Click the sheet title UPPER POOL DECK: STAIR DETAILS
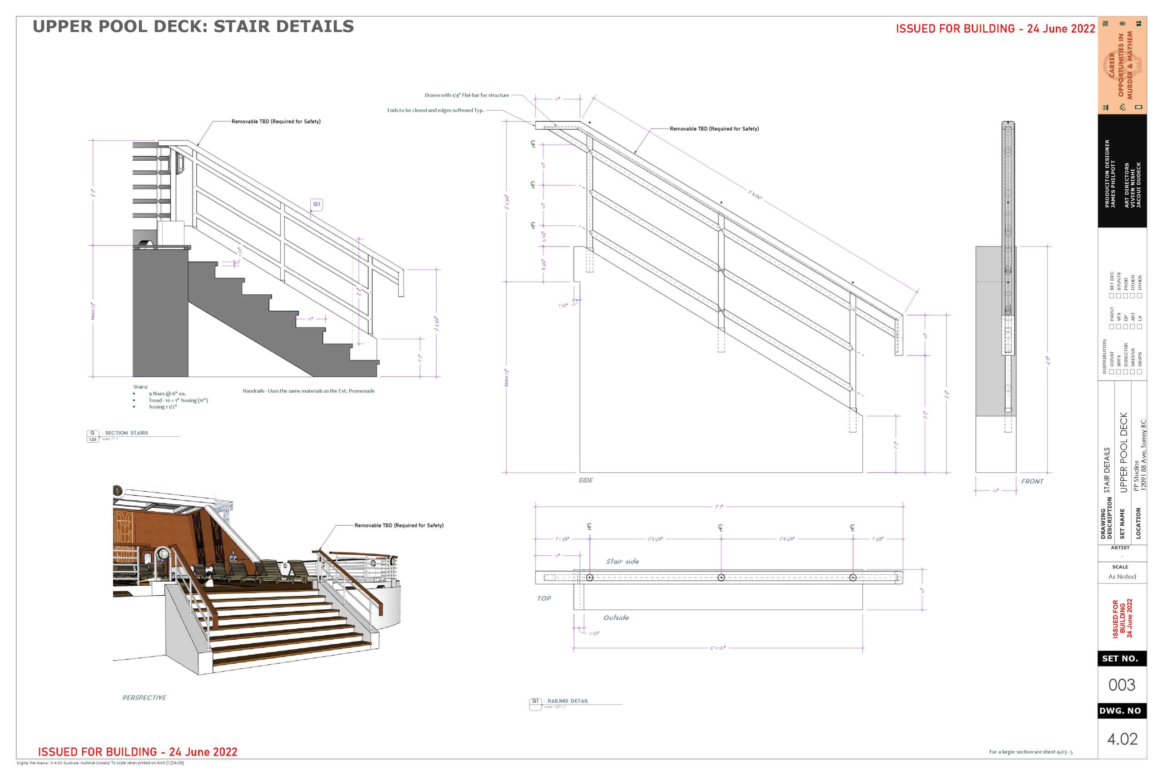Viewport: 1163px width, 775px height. tap(194, 27)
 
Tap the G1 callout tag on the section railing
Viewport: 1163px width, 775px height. tap(317, 204)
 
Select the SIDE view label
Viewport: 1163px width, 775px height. tap(586, 480)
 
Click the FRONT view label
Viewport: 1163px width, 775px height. tap(1032, 481)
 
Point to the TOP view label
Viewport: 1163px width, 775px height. tap(544, 598)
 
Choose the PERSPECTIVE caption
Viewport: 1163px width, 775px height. tap(144, 697)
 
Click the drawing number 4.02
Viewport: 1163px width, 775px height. tap(1122, 739)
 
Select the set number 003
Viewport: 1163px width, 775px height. tap(1122, 685)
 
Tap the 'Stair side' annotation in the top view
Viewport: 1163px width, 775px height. tap(622, 562)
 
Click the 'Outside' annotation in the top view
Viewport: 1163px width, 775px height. tap(616, 617)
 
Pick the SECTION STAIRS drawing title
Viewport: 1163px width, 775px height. tap(126, 433)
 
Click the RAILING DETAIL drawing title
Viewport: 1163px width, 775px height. tap(568, 701)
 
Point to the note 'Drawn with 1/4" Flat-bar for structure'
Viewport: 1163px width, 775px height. tap(466, 95)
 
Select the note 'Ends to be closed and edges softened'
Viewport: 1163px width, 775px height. tap(435, 110)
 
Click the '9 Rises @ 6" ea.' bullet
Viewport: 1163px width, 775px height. tap(167, 394)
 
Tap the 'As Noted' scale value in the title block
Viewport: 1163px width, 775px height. tap(1122, 577)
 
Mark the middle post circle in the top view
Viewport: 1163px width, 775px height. tap(721, 578)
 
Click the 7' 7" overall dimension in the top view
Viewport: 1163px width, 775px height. tap(718, 507)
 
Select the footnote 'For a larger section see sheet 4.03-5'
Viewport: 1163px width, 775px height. tap(1030, 752)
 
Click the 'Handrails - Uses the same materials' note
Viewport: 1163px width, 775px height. tap(308, 391)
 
